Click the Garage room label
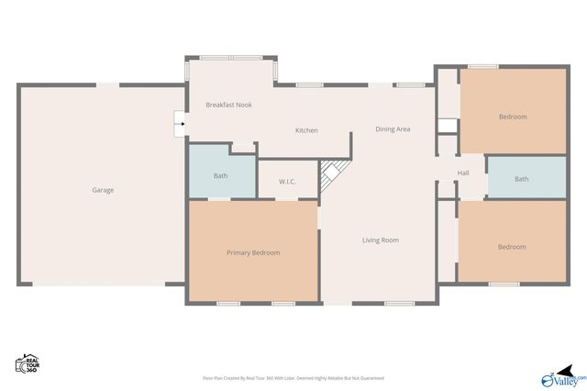[103, 190]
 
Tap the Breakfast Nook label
[228, 105]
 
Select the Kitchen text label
[306, 130]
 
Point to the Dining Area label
[393, 129]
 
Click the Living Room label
[380, 240]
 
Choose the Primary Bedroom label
[253, 252]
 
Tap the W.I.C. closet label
[287, 181]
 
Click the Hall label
[463, 173]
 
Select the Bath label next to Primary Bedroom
[221, 175]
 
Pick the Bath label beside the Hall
[521, 179]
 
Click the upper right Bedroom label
[513, 117]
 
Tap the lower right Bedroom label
[512, 247]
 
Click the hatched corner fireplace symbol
[333, 174]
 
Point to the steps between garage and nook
[180, 122]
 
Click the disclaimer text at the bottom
[293, 378]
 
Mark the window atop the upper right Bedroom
[483, 66]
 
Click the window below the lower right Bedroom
[504, 285]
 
